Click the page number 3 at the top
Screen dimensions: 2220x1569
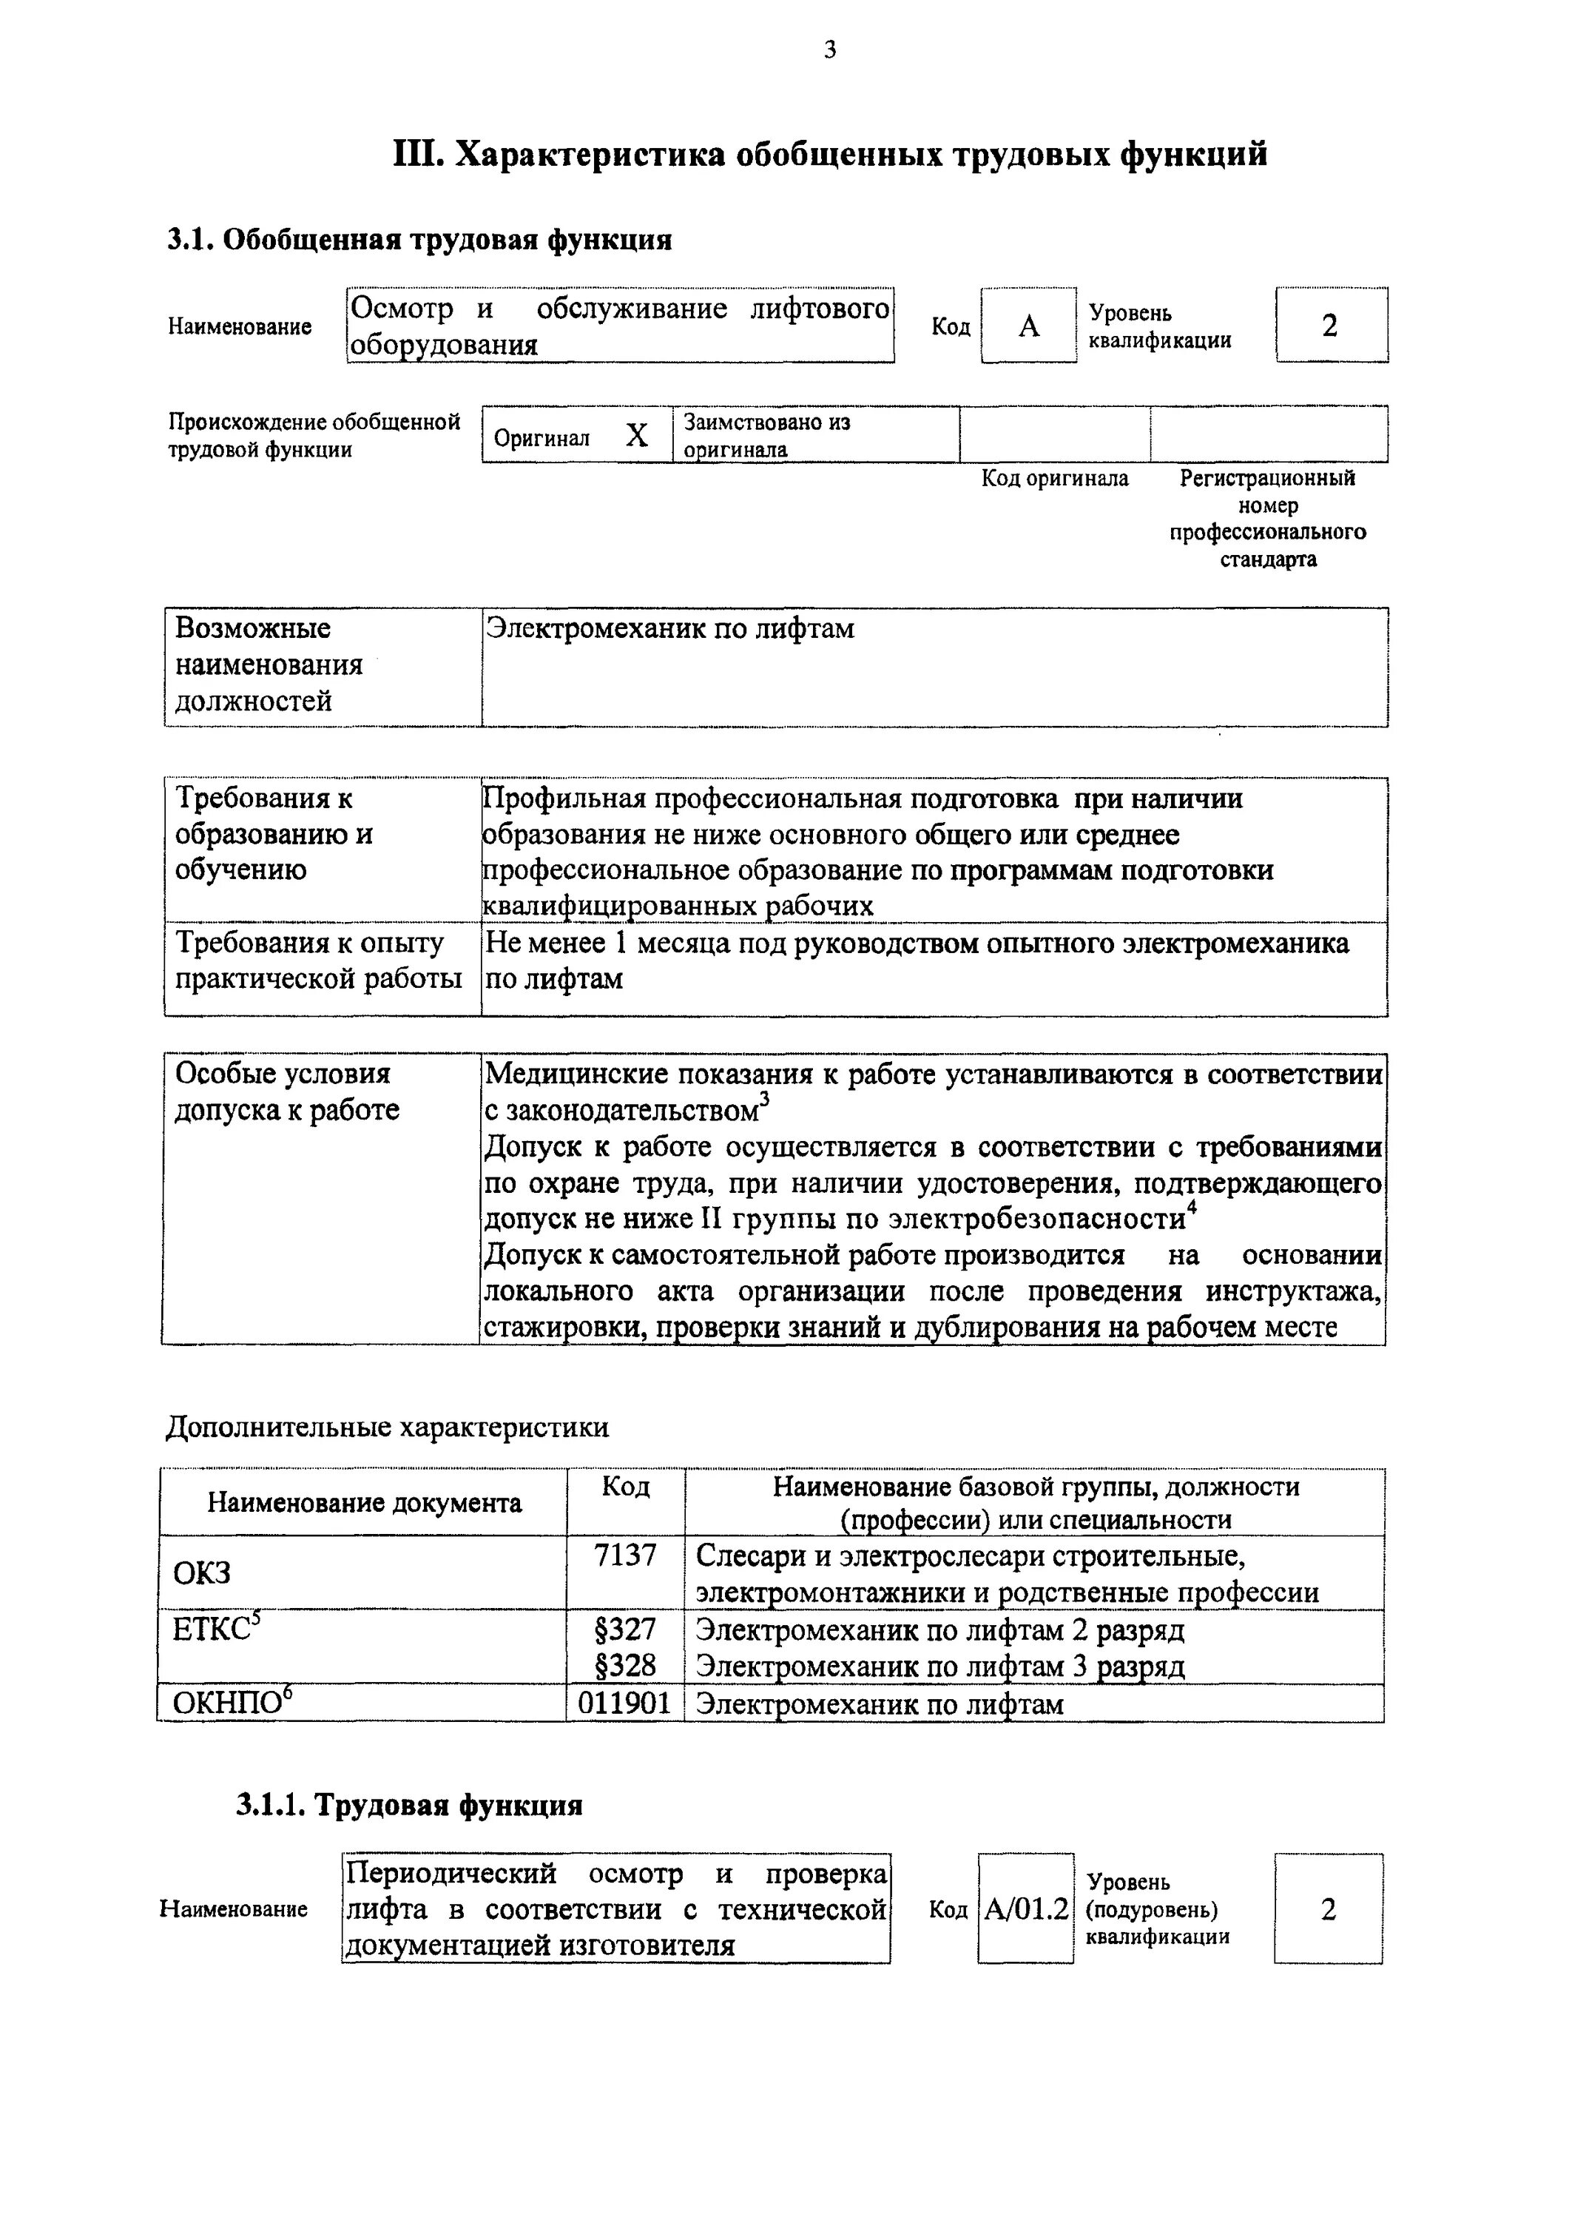tap(829, 50)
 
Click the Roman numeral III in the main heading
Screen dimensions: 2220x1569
tap(416, 155)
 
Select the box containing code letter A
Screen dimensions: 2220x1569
tap(1028, 326)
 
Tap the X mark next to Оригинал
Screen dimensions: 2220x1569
tap(636, 436)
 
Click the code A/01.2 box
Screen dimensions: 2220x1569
tap(1026, 1910)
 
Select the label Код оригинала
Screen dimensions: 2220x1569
tap(1055, 479)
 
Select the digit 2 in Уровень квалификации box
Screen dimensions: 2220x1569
tap(1330, 326)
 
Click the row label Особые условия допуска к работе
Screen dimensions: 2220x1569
tap(286, 1091)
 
